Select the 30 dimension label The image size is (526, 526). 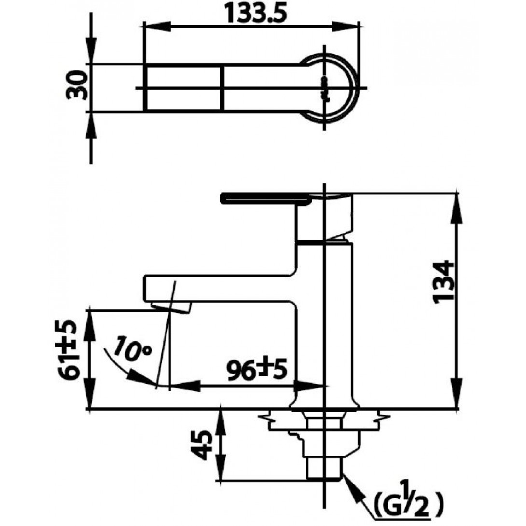[x=77, y=85]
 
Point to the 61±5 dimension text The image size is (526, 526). [x=71, y=350]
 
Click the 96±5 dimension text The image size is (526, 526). [x=257, y=370]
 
